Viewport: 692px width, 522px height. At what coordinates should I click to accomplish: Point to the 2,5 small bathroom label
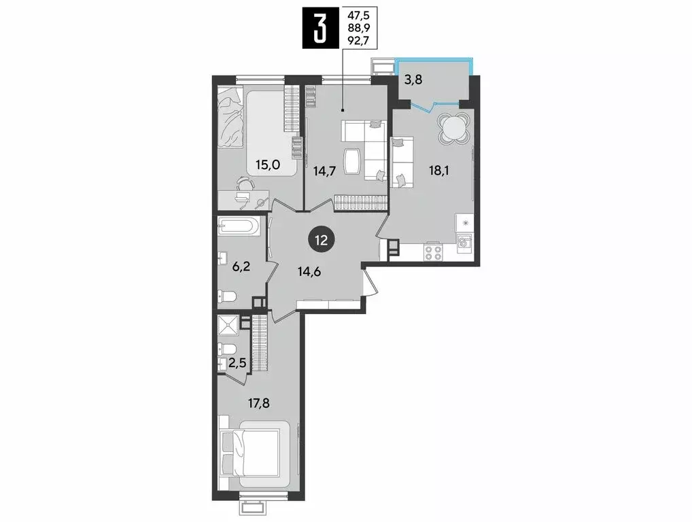click(238, 363)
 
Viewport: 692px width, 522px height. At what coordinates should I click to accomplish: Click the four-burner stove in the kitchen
click(433, 252)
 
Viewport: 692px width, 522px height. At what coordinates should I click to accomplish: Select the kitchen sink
click(465, 242)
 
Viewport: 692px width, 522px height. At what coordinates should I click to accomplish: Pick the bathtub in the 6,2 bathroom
click(238, 226)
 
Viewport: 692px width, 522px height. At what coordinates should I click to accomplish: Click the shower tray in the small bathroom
click(229, 325)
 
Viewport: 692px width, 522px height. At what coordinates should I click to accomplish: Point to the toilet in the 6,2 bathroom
click(228, 296)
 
